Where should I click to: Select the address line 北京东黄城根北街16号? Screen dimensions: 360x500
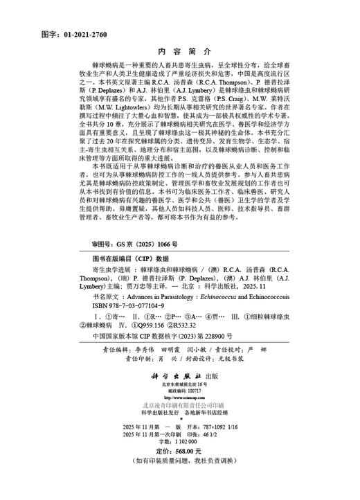point(180,385)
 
